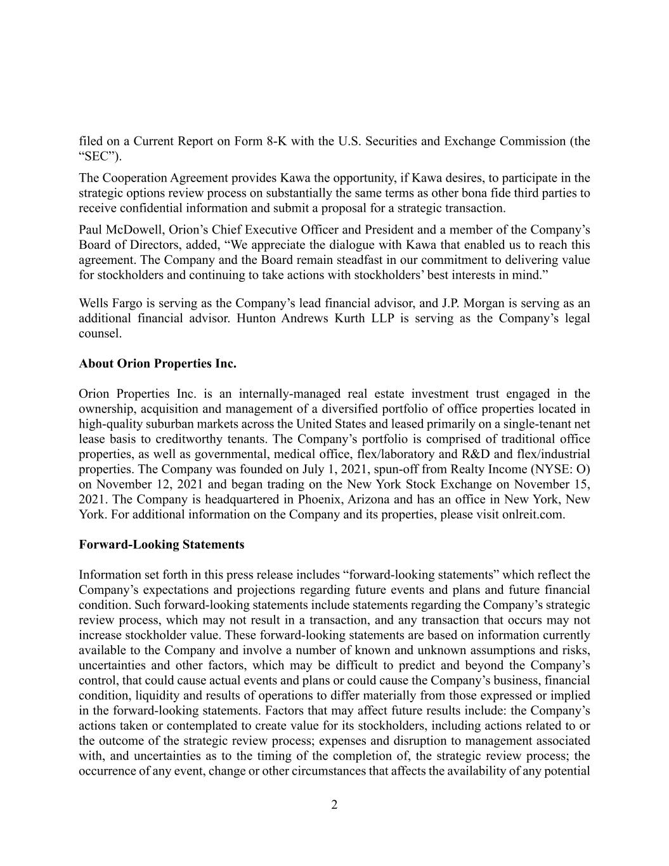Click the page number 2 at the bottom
(334, 805)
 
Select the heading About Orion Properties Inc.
(157, 364)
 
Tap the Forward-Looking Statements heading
(161, 544)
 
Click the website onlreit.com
(532, 514)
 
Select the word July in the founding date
(312, 469)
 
